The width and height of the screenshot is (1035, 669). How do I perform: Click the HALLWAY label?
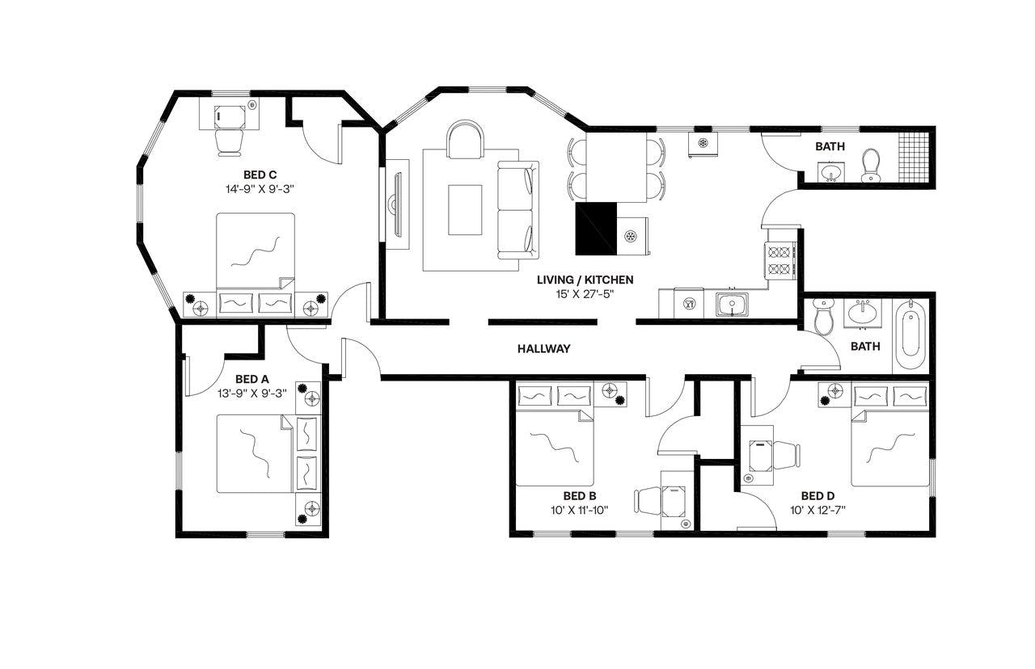tap(543, 349)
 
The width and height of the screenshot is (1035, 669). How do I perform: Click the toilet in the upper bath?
tap(871, 165)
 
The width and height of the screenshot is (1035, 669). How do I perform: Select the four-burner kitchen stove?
tap(779, 259)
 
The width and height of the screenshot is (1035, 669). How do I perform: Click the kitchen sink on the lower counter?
tap(731, 305)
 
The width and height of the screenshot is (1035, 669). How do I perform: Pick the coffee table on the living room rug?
tap(465, 209)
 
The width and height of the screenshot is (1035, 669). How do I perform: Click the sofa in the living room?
tap(517, 210)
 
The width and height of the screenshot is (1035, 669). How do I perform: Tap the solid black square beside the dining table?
tap(596, 228)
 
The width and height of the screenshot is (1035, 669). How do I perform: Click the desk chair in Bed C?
tap(230, 142)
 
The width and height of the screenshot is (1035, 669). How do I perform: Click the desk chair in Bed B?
tap(648, 501)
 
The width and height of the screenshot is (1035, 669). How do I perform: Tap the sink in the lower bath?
tap(863, 311)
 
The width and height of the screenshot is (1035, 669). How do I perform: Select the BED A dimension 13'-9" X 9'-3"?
tap(251, 393)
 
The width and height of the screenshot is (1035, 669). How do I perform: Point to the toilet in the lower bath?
tap(823, 317)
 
